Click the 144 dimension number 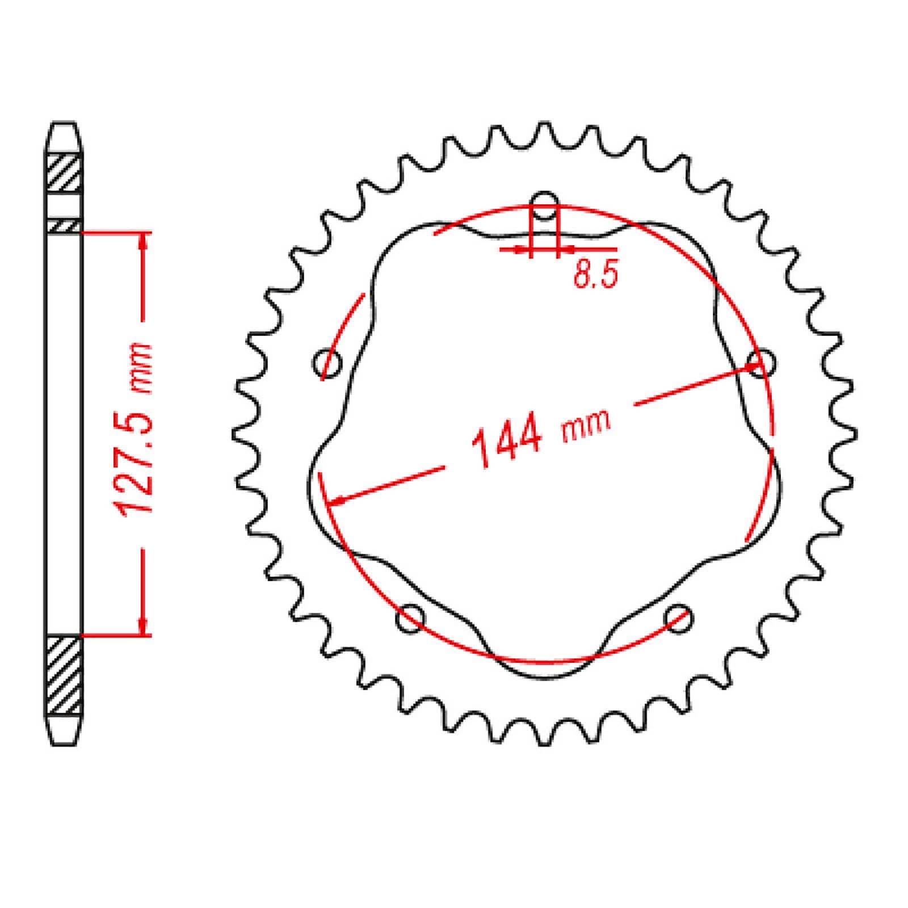(507, 441)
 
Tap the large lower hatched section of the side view (64, 675)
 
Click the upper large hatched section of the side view (64, 173)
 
